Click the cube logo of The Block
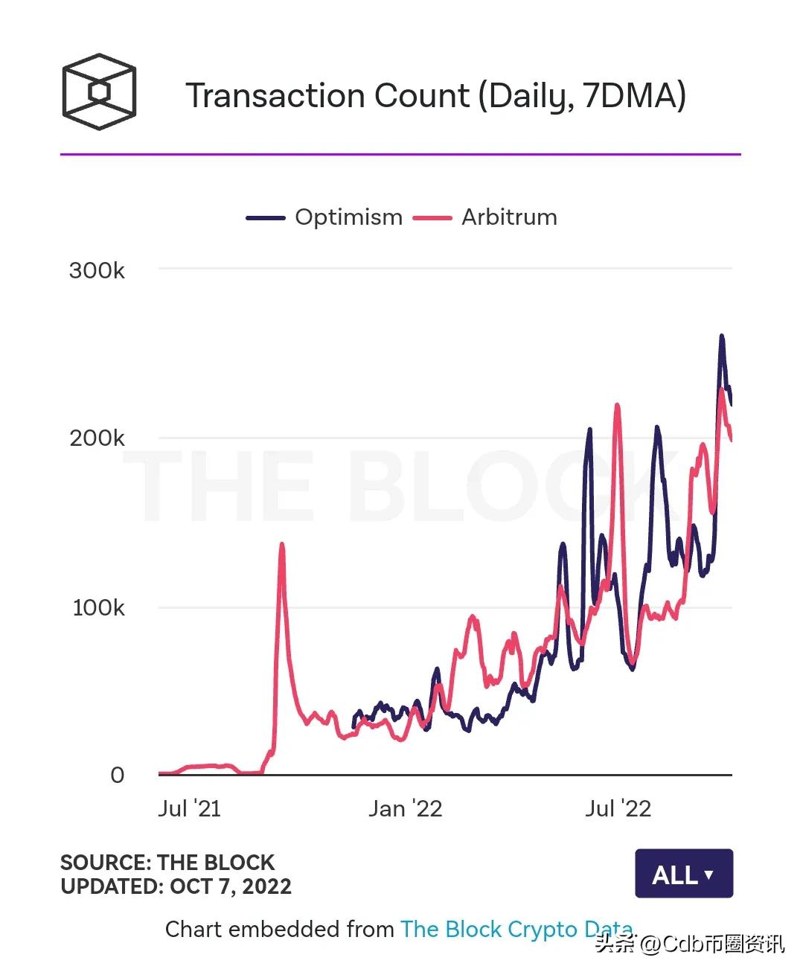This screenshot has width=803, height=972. pos(99,92)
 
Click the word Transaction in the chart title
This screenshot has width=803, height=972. pos(275,96)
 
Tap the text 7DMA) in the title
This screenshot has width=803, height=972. pos(634,96)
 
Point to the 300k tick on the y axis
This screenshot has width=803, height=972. pos(97,270)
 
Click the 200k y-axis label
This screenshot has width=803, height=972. pos(97,438)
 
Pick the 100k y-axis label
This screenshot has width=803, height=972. pos(98,608)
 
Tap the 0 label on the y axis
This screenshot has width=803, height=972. pos(118,776)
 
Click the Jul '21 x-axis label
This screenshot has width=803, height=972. pos(189,809)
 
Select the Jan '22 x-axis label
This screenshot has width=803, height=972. pos(405,809)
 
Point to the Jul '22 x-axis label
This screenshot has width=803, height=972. pos(618,809)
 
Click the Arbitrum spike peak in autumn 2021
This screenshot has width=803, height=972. pos(281,545)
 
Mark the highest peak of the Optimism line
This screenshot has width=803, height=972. pos(721,336)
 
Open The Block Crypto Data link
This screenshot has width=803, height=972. pos(516,930)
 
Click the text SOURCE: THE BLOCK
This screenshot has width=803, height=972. pos(167,863)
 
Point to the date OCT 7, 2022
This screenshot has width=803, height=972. pos(231,886)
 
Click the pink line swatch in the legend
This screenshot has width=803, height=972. pos(432,218)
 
